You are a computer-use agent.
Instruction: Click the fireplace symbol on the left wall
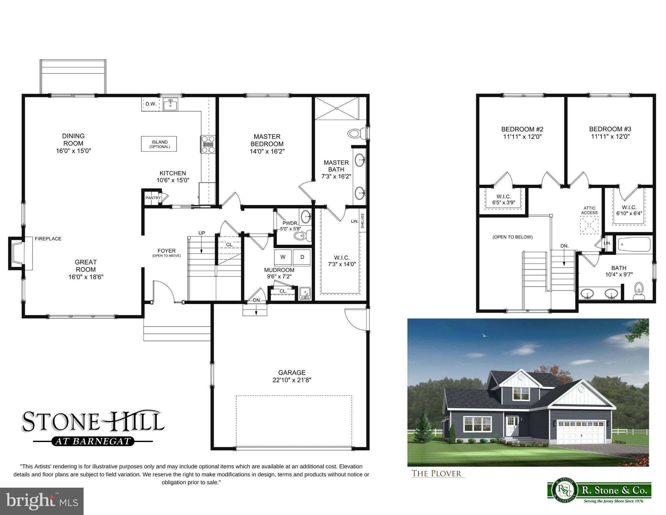17,253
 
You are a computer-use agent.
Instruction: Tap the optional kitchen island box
159,144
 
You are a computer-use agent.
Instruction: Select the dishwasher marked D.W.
151,104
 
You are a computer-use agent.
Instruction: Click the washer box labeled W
283,257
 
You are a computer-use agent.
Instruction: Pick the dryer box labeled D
302,257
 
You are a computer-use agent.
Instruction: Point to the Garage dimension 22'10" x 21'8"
292,380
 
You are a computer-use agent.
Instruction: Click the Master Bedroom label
267,140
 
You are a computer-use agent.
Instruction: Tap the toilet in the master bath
355,134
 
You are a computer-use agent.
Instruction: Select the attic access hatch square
589,225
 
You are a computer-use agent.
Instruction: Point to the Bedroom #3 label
610,129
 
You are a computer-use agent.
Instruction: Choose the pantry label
153,198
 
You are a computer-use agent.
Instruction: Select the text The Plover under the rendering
437,473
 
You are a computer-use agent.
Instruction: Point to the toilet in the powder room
301,236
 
